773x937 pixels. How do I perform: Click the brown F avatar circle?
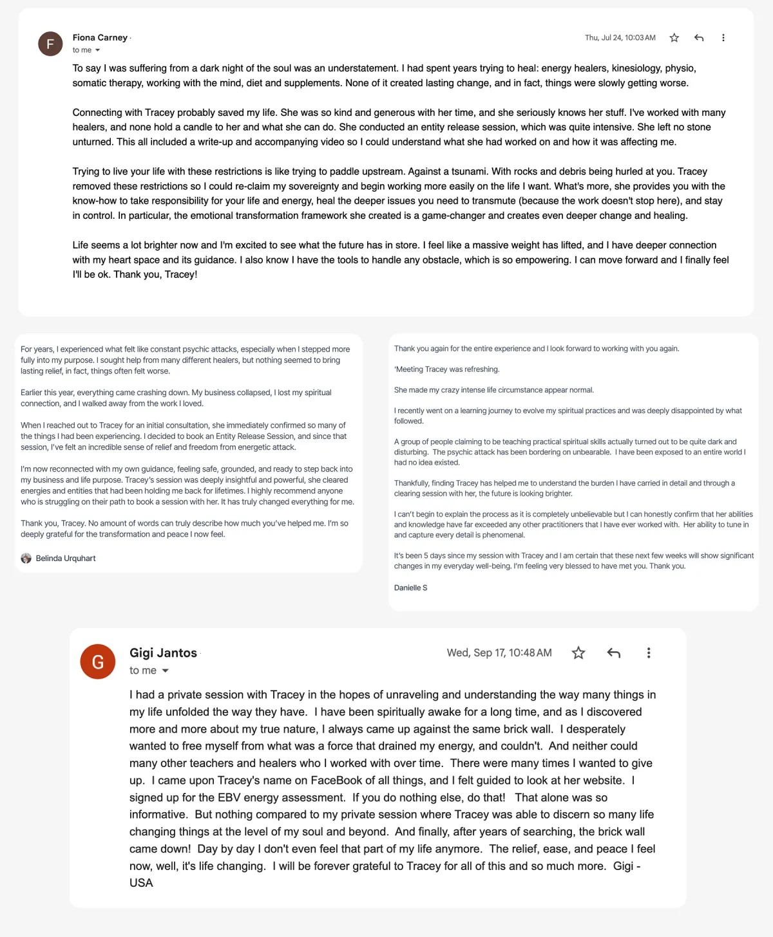pyautogui.click(x=50, y=44)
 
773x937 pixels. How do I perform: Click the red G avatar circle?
pyautogui.click(x=98, y=662)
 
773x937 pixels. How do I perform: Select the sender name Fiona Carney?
pyautogui.click(x=100, y=37)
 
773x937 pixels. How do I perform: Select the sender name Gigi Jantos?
pyautogui.click(x=163, y=653)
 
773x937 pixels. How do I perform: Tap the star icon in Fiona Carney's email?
pyautogui.click(x=674, y=38)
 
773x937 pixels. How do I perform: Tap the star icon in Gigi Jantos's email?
pyautogui.click(x=578, y=653)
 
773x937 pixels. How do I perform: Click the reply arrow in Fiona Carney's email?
pyautogui.click(x=699, y=38)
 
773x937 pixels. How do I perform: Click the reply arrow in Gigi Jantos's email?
pyautogui.click(x=614, y=653)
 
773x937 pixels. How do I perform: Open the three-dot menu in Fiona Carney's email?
pyautogui.click(x=723, y=38)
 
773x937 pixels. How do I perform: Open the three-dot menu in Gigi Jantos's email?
pyautogui.click(x=649, y=653)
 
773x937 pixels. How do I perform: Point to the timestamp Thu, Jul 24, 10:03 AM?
pyautogui.click(x=620, y=38)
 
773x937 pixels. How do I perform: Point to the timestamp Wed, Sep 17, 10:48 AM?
pyautogui.click(x=499, y=653)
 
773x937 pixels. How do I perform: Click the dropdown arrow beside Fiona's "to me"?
pyautogui.click(x=98, y=50)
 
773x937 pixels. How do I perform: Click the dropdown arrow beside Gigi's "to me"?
pyautogui.click(x=166, y=671)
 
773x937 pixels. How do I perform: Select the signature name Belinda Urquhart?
pyautogui.click(x=66, y=559)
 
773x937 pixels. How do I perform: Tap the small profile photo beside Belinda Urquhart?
pyautogui.click(x=26, y=559)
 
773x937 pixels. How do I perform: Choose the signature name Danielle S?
pyautogui.click(x=410, y=588)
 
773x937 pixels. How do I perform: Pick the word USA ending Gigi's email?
pyautogui.click(x=141, y=883)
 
